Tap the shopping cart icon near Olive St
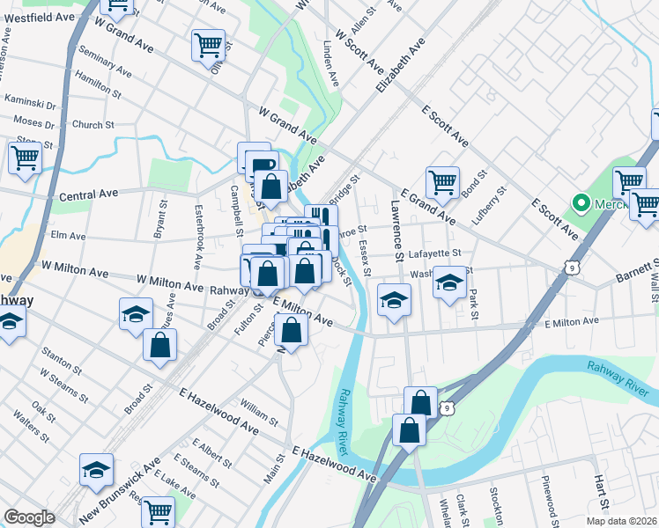tap(208, 44)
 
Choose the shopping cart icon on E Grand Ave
tap(442, 182)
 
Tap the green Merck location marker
tap(581, 204)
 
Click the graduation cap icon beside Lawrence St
tap(394, 300)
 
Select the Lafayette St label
tap(435, 253)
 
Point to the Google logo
tap(29, 517)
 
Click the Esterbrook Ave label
tap(196, 238)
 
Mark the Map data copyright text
tap(620, 521)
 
